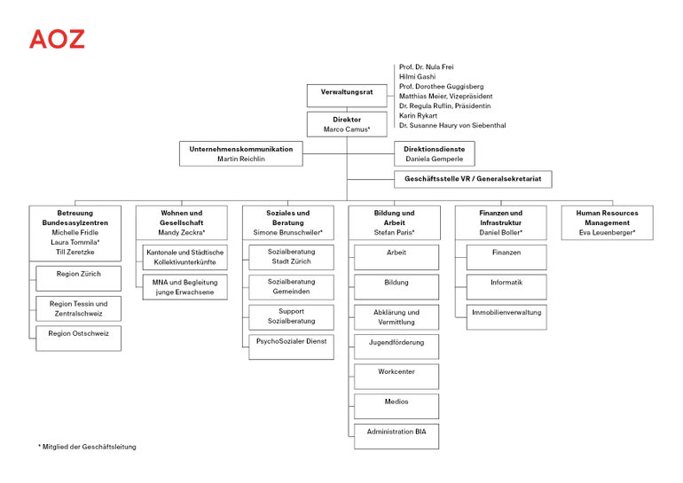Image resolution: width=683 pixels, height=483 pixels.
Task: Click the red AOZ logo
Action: pos(57,39)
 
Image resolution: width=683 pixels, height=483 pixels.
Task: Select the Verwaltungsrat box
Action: pos(347,92)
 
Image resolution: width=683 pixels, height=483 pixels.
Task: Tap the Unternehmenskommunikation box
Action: pos(240,153)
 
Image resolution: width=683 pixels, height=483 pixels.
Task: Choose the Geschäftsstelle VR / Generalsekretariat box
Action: pos(472,179)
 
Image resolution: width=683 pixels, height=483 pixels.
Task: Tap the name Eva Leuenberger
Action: pos(607,232)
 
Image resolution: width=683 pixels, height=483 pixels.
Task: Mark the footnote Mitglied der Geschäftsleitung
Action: pos(87,447)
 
